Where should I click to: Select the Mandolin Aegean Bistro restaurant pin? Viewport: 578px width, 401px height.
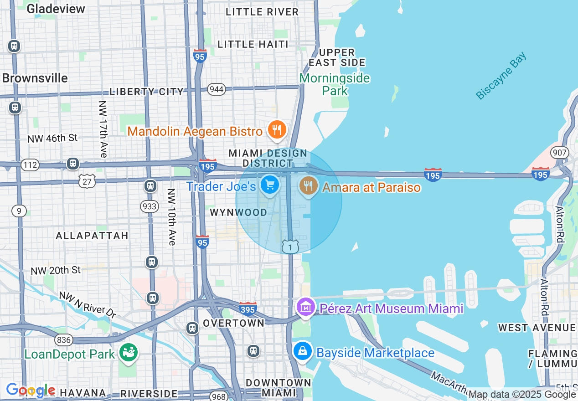tap(276, 130)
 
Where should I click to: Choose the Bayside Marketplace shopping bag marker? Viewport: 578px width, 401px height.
tap(302, 352)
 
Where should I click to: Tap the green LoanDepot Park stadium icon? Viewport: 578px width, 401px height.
tap(128, 352)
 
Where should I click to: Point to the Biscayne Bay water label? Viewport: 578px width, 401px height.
tap(501, 76)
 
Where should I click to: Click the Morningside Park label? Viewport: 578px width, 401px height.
tap(335, 84)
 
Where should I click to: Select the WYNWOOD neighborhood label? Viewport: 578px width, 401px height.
tap(238, 213)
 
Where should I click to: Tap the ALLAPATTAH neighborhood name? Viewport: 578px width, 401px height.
tap(92, 236)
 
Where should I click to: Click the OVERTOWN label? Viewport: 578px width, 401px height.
tap(233, 323)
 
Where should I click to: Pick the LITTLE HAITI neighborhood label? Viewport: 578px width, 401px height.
tap(253, 44)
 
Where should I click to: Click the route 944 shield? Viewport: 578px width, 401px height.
tap(216, 89)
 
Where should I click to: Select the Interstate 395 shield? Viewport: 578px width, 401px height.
tap(248, 308)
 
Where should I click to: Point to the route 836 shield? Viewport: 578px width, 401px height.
tap(63, 339)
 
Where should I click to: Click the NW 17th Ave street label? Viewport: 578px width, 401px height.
tap(103, 129)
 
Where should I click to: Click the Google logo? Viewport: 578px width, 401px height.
tap(31, 391)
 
